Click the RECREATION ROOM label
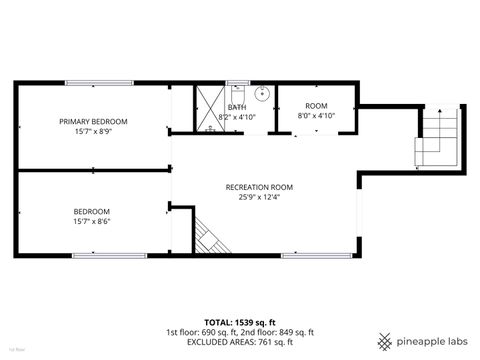tap(259, 187)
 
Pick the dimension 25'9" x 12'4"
tap(259, 197)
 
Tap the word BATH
tap(237, 107)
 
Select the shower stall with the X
tap(209, 107)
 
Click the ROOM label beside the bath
tap(316, 106)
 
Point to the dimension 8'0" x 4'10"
tap(316, 116)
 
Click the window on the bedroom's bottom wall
tap(100, 256)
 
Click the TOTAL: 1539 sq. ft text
tap(240, 323)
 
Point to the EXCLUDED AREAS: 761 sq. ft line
tap(240, 341)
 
